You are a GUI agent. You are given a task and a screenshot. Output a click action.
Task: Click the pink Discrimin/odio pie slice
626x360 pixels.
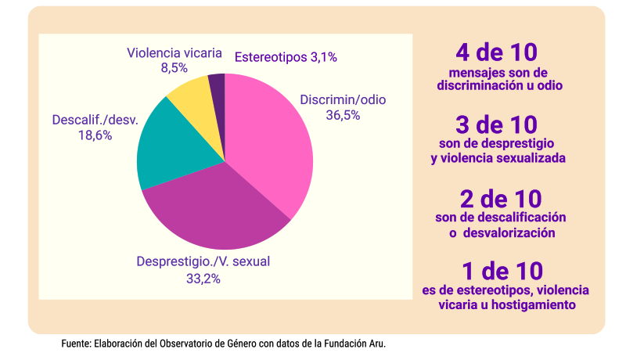pyautogui.click(x=270, y=145)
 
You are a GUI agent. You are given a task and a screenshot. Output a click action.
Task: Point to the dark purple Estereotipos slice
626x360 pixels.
pyautogui.click(x=218, y=82)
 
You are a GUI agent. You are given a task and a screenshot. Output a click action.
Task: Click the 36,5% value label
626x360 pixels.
pyautogui.click(x=343, y=115)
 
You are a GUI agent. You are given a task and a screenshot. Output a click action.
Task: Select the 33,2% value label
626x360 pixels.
pyautogui.click(x=203, y=278)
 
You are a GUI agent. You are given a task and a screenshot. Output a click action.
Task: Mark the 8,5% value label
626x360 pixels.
pyautogui.click(x=174, y=68)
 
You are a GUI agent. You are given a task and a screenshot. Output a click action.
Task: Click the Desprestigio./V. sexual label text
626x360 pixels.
pyautogui.click(x=203, y=262)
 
